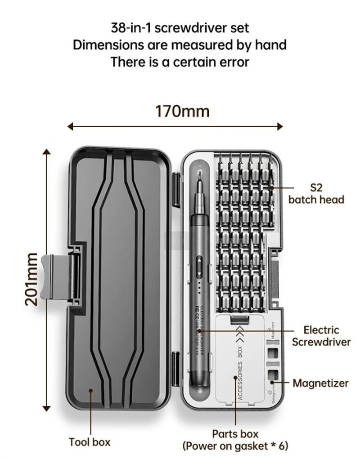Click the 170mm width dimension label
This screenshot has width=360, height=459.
tap(182, 111)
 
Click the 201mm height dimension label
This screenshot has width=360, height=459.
tap(31, 279)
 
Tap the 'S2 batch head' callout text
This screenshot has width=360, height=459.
tap(316, 193)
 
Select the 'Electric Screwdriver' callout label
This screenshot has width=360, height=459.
tap(320, 336)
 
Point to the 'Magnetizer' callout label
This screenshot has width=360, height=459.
tap(320, 383)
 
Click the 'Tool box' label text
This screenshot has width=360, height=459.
tap(90, 442)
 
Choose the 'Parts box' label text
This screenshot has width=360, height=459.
tap(235, 434)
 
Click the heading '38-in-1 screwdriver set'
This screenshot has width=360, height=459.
tap(180, 28)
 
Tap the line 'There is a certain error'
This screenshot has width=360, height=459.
tap(180, 62)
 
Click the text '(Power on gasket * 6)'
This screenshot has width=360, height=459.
tap(235, 446)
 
